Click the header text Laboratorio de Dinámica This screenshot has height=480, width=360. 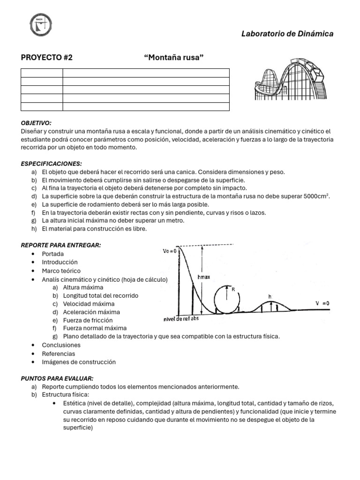pos(287,34)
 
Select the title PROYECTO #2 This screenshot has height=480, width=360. pos(47,58)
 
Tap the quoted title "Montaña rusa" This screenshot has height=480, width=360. pos(174,58)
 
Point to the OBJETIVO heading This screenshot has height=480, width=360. pos(36,122)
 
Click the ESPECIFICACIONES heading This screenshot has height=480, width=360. pos(51,164)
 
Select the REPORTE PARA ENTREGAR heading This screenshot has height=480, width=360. pos(61,245)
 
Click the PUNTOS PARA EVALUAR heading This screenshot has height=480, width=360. pos(57,378)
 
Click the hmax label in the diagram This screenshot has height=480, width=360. pos(204,277)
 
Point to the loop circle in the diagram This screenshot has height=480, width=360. pos(227,298)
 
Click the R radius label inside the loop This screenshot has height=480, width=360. pos(232,289)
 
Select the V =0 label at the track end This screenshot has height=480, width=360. pos(322,303)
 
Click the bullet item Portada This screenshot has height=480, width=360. pos(52,254)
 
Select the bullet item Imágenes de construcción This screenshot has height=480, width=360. pos(78,362)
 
